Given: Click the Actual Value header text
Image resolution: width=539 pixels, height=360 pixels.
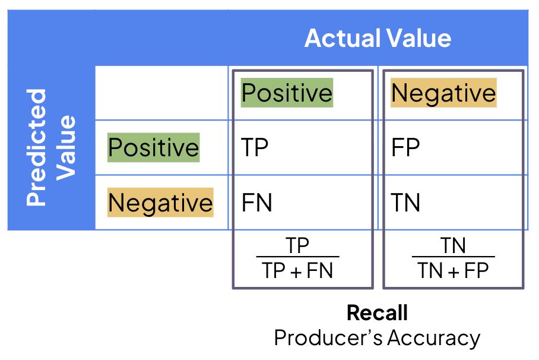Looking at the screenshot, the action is click(378, 38).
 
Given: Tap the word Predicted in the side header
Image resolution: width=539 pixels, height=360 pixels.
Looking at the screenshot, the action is click(36, 147).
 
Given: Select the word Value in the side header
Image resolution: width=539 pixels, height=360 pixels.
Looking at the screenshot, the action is click(66, 148).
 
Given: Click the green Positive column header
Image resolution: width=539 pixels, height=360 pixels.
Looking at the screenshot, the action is click(287, 93).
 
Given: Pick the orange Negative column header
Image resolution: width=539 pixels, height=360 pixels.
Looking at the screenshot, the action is click(443, 93).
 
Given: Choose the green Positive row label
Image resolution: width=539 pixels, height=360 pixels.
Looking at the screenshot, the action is click(153, 147).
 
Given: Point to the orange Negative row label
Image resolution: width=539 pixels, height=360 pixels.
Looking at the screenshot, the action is click(160, 203).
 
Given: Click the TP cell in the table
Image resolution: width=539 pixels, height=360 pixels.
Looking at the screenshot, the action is click(255, 147).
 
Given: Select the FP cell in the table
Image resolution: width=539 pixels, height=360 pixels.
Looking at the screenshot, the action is click(405, 147).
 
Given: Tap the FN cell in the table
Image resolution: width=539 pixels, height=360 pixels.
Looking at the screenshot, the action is click(257, 203).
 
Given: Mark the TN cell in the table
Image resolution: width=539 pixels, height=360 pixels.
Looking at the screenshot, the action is click(405, 203).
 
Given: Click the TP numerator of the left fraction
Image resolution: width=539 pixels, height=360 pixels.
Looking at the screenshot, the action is click(297, 245).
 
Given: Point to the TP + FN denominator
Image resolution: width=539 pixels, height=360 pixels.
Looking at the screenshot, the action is click(297, 270).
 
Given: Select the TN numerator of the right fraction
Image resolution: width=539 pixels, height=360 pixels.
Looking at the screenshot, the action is click(453, 245).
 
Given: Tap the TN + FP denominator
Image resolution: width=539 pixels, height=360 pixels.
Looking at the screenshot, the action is click(453, 270).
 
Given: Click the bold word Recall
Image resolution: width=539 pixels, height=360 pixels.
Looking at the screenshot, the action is click(377, 312).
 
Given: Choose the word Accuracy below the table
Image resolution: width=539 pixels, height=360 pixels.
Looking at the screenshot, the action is click(434, 338).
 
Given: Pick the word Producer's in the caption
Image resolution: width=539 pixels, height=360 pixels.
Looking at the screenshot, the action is click(328, 337).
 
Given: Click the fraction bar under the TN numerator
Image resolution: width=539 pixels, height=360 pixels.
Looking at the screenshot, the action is click(454, 257).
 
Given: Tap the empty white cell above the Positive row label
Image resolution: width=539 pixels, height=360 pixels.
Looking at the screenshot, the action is click(161, 93).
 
